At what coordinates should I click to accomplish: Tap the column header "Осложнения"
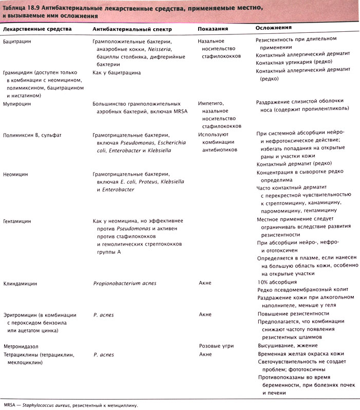(x=274, y=27)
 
